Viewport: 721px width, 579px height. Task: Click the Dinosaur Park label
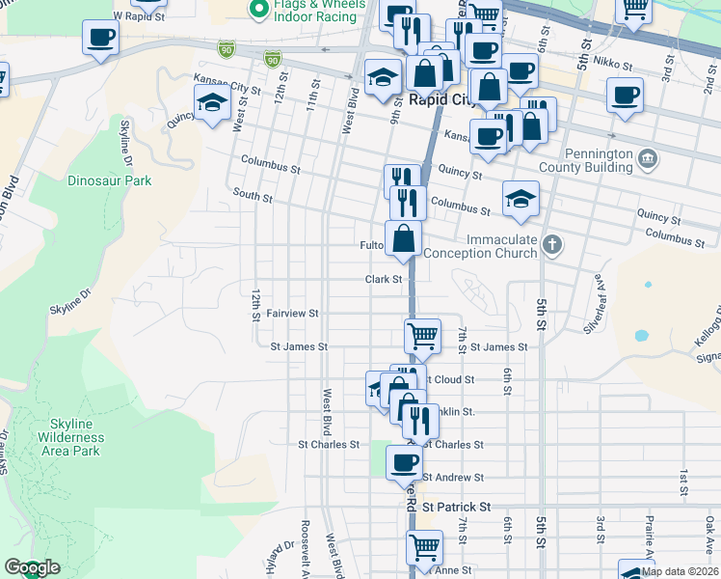pos(110,180)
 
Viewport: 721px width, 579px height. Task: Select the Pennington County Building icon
pos(648,157)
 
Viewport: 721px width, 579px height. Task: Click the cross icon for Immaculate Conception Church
pos(550,244)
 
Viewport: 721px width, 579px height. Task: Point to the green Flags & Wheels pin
pos(257,10)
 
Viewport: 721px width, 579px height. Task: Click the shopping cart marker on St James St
pos(422,336)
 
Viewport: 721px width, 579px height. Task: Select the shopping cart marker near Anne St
pos(423,547)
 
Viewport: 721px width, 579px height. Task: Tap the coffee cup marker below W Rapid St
pos(100,39)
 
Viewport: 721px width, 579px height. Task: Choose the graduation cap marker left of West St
pos(212,102)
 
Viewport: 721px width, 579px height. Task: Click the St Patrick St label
pos(456,507)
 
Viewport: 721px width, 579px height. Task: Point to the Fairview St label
pos(292,314)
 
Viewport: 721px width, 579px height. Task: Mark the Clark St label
pos(383,279)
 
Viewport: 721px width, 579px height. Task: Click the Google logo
pos(31,567)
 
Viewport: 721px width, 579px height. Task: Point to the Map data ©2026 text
pos(679,571)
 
